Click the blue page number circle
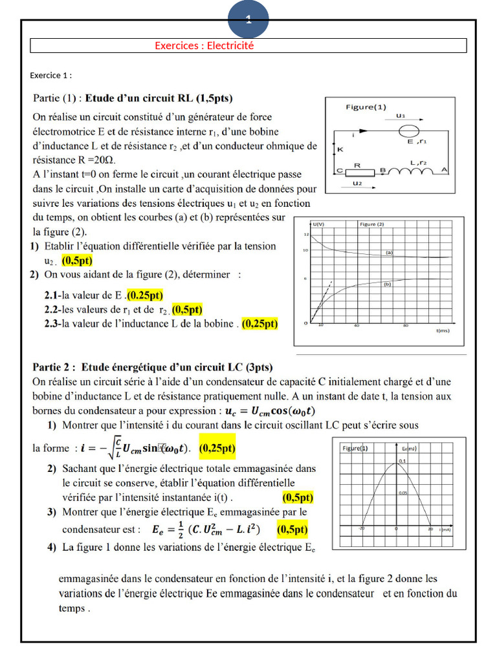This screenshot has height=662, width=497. coord(248,19)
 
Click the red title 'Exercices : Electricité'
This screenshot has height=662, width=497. coord(204,46)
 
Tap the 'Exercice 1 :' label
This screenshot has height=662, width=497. coord(50,76)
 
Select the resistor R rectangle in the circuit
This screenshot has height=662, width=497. coord(356,171)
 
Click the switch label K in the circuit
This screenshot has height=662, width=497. coord(340,149)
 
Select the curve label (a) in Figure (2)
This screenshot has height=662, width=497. coord(390,252)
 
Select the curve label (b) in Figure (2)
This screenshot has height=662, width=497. coord(388,284)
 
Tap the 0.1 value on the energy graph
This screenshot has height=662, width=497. coord(402,461)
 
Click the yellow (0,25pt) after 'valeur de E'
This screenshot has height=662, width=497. coord(146,295)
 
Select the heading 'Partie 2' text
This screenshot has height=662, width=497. coord(56,367)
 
